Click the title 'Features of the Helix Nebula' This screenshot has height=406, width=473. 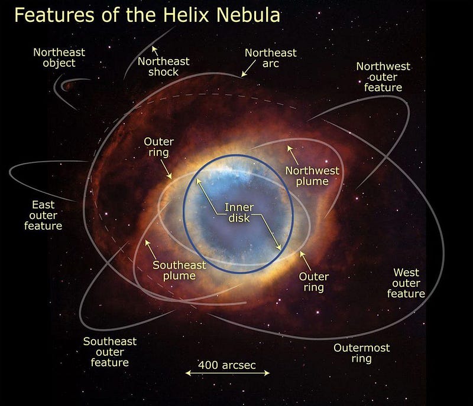point(147,15)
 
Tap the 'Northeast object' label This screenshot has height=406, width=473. point(59,57)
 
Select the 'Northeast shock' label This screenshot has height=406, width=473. point(164,67)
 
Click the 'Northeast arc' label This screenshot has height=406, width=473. point(271,58)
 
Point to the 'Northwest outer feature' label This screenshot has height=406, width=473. point(383,77)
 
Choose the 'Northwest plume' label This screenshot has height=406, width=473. point(312,176)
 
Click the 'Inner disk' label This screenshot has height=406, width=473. point(239,212)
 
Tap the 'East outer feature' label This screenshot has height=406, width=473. point(43,215)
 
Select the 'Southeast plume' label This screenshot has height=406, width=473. point(179,270)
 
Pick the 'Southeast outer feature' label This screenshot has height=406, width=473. point(110,352)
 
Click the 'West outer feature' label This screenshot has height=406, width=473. point(406,283)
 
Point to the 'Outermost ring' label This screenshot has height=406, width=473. point(362,353)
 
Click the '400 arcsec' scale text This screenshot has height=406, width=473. point(227,365)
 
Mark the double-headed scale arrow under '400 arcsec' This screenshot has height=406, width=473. point(228,373)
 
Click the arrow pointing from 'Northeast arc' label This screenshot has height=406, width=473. point(248,68)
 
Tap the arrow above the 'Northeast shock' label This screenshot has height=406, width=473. point(155,51)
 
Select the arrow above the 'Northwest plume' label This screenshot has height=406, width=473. point(293,155)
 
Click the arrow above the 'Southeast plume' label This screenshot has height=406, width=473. point(151,250)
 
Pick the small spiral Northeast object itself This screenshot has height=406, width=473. point(67,86)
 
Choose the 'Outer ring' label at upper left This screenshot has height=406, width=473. point(158,147)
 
